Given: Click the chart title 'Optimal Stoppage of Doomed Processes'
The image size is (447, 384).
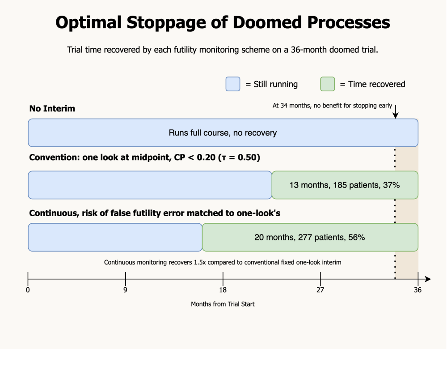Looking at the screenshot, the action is pos(223,22).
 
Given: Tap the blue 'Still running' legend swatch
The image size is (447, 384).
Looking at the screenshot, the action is pos(233,84).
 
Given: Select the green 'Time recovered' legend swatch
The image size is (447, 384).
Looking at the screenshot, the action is pos(328,84).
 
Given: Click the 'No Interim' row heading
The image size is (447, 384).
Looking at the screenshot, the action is pos(52,108).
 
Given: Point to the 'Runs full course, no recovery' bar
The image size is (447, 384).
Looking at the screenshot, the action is pos(223,133).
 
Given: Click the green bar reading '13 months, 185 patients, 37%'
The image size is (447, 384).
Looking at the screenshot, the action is pos(345,185).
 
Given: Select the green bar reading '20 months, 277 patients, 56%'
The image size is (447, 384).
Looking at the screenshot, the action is pos(310,237).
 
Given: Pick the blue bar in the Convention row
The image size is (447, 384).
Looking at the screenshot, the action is pos(150,185).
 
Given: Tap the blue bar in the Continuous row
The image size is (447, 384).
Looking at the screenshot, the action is pos(115,237).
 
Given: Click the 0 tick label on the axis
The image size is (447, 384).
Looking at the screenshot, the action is pos(28,290).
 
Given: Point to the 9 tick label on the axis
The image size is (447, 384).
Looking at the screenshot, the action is pos(125,290).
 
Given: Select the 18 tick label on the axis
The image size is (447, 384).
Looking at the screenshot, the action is pos(223,290).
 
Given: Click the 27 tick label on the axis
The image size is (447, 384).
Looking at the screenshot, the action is pos(320,290).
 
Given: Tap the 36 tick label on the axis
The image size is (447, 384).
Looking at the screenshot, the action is pos(417,290).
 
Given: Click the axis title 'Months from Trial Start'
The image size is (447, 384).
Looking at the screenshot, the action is pos(223,304).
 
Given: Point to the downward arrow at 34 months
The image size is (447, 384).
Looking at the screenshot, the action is pos(395,111).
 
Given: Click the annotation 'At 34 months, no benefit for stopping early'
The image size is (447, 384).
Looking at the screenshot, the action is pos(332,106).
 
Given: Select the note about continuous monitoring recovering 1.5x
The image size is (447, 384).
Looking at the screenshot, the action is pos(223,262).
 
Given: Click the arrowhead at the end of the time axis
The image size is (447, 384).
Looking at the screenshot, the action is pos(428,279).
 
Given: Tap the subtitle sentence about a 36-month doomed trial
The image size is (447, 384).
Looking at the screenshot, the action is pos(223,50).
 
